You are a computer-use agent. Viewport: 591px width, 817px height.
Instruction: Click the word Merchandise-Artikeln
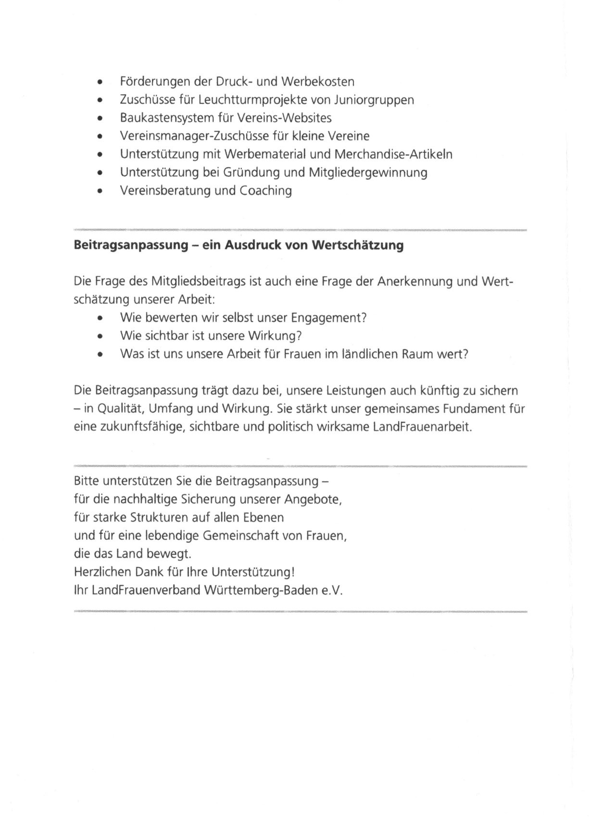pyautogui.click(x=393, y=154)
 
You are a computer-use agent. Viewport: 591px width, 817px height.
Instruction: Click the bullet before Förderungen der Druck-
pyautogui.click(x=100, y=82)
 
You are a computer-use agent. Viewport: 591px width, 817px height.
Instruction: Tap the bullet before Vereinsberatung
pyautogui.click(x=100, y=191)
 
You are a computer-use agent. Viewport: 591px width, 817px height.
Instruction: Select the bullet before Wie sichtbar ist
pyautogui.click(x=100, y=336)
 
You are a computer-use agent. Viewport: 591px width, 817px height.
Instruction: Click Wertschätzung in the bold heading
pyautogui.click(x=358, y=246)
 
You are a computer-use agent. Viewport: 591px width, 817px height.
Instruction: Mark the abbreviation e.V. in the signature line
pyautogui.click(x=332, y=591)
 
